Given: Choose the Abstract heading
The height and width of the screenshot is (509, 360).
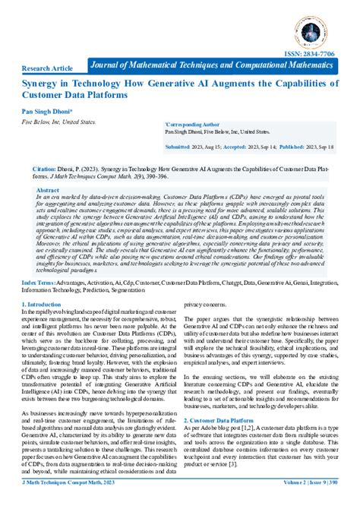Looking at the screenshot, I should pyautogui.click(x=48, y=191).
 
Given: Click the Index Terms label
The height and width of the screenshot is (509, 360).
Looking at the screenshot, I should pyautogui.click(x=38, y=280).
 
